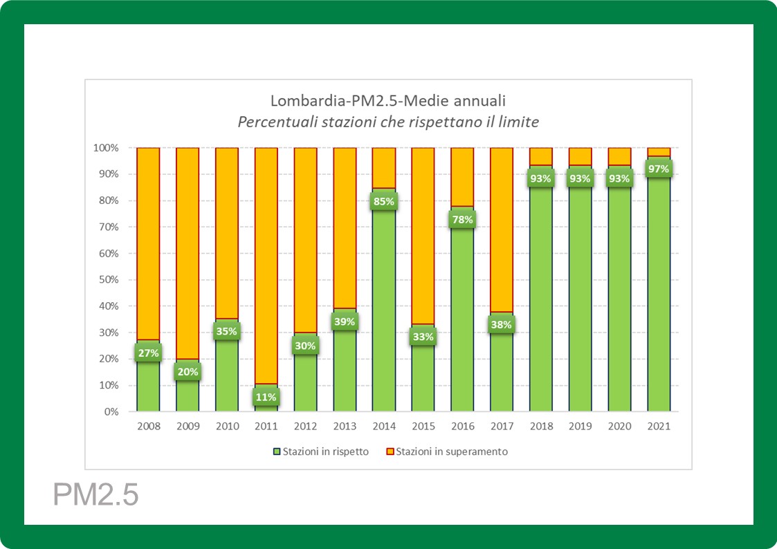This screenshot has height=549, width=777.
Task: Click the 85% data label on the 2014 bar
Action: [x=384, y=202]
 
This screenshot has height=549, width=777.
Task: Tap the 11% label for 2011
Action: [x=266, y=397]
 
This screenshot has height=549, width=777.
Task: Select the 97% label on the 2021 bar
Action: [x=659, y=167]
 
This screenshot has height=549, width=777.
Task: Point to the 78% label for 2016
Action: [x=462, y=220]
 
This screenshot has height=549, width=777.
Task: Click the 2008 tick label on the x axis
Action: [x=149, y=426]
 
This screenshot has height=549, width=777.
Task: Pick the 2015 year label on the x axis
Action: [x=423, y=426]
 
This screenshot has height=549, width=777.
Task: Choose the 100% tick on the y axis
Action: [x=107, y=148]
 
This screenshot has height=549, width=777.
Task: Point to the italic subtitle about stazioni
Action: [x=387, y=122]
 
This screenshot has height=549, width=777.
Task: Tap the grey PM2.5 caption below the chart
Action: [x=96, y=495]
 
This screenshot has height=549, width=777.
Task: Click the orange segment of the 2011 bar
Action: [x=266, y=263]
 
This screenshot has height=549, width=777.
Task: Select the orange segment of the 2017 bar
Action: [x=502, y=228]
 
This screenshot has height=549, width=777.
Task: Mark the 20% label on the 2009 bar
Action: [x=188, y=371]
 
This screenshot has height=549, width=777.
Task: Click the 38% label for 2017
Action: [x=502, y=324]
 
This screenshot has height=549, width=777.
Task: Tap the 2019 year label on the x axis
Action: [x=581, y=426]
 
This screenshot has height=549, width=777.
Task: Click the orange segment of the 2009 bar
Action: [x=188, y=252]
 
